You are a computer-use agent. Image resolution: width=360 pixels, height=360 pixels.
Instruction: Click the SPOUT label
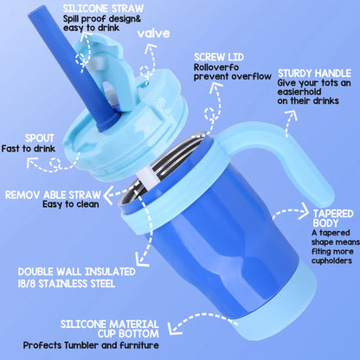point(23,136)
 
